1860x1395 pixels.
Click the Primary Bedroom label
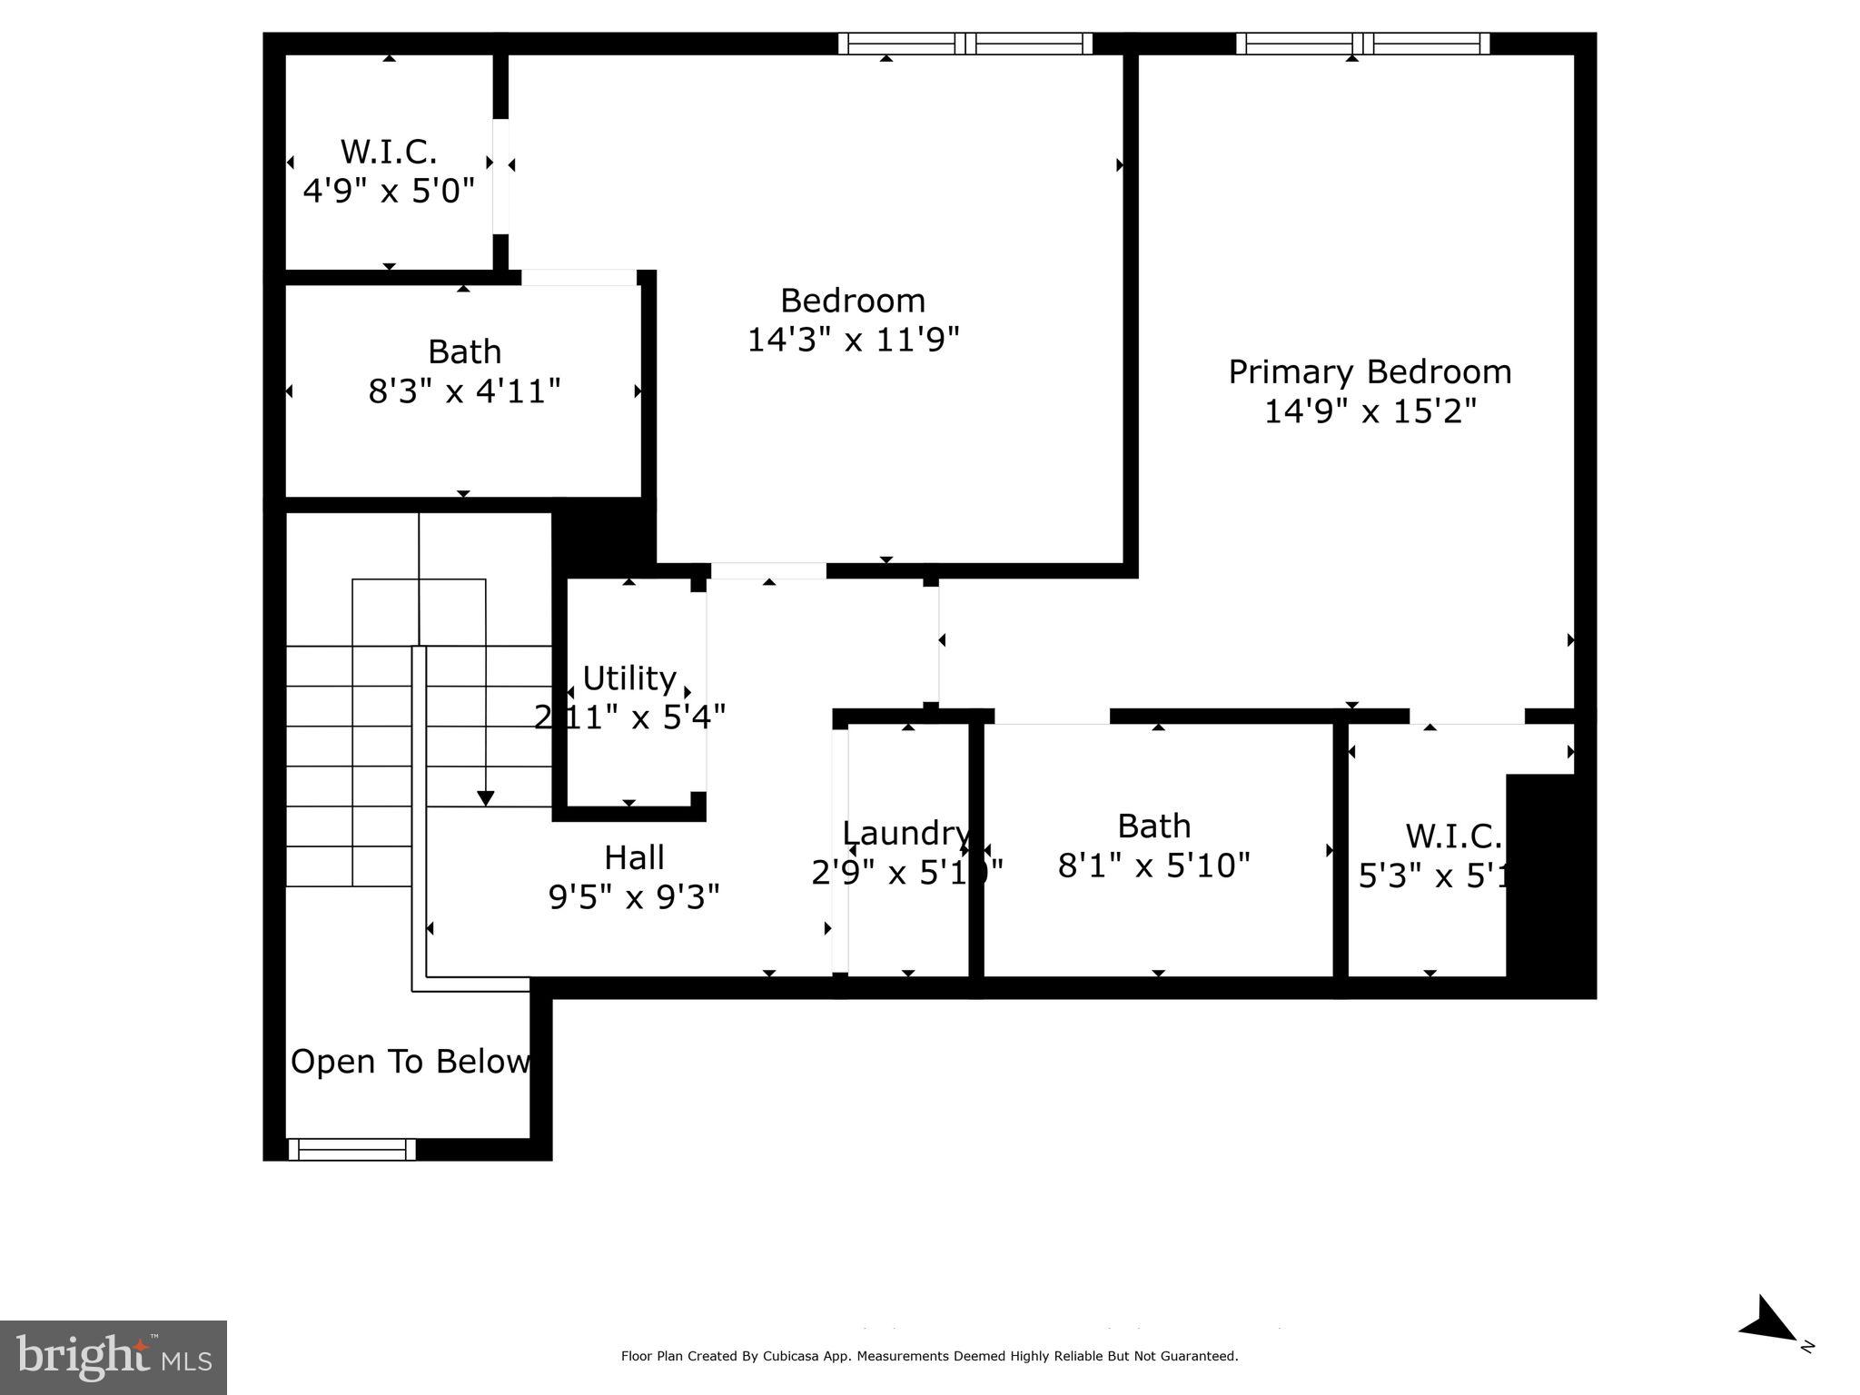[x=1369, y=372]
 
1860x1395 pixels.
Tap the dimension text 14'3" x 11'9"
[x=853, y=340]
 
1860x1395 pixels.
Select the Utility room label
[x=628, y=678]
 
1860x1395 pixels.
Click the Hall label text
[x=634, y=857]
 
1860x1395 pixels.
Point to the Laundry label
[x=905, y=833]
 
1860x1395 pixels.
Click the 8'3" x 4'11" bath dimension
[x=464, y=391]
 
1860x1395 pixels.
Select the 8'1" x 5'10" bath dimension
[x=1153, y=866]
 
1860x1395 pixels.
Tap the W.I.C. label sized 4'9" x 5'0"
[x=389, y=152]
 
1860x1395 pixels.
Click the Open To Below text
[x=410, y=1061]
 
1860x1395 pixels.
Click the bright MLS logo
[x=114, y=1357]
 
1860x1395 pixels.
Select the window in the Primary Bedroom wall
[x=1362, y=44]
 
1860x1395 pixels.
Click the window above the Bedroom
[x=965, y=44]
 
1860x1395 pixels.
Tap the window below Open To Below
[x=352, y=1149]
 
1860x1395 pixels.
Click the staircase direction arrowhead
[x=486, y=798]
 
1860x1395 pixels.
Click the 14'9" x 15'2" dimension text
[x=1370, y=411]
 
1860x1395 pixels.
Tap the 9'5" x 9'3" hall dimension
[x=634, y=897]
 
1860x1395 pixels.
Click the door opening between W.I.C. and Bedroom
[x=500, y=176]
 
